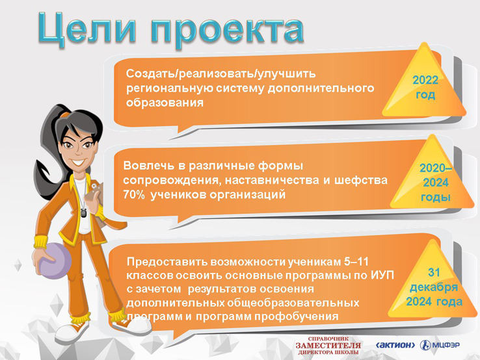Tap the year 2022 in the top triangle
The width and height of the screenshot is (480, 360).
tap(425, 80)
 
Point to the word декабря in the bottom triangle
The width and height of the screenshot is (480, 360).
tap(434, 287)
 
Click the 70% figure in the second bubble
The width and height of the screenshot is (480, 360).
tap(134, 194)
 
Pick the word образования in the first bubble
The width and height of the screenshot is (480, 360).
tap(165, 103)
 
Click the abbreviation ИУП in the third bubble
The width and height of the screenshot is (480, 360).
tap(382, 276)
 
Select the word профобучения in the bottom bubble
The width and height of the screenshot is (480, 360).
tap(297, 316)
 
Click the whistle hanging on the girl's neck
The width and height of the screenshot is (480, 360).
tap(83, 212)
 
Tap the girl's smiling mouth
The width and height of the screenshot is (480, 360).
tap(78, 162)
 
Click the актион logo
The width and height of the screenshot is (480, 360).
tap(395, 345)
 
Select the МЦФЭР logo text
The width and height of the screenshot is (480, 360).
tap(446, 345)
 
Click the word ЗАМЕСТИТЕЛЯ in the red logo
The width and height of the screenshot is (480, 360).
tap(328, 345)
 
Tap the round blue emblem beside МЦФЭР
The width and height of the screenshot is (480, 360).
tap(425, 345)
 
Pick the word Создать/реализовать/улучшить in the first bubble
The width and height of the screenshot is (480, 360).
tap(220, 73)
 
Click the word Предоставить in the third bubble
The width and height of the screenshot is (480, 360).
tap(168, 262)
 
